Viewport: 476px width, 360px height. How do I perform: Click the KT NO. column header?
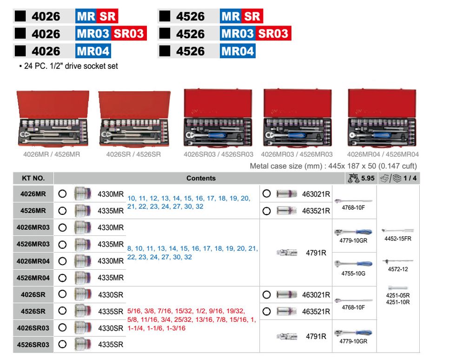[33, 178]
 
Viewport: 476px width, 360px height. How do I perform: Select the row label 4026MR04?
[33, 261]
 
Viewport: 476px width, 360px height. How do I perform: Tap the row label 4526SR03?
[33, 345]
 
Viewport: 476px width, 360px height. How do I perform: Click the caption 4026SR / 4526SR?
[133, 154]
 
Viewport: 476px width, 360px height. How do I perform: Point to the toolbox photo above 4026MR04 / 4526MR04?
[382, 118]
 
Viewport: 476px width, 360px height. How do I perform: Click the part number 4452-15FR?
[398, 239]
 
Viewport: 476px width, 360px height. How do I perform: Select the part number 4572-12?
[398, 269]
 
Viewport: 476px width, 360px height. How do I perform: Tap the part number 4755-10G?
[353, 273]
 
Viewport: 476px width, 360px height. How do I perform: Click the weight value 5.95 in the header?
[368, 178]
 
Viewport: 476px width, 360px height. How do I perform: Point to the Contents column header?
[201, 178]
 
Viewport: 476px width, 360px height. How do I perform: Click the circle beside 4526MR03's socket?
[62, 244]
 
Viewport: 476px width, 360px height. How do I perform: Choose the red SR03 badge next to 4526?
[273, 33]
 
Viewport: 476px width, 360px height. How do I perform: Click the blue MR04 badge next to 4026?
[93, 51]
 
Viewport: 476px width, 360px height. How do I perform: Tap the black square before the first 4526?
[165, 16]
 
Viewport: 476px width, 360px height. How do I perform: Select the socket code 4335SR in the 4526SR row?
[111, 311]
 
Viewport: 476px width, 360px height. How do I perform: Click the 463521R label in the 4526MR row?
[316, 211]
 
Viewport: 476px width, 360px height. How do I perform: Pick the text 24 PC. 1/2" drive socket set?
[71, 66]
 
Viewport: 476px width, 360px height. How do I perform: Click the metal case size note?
[333, 166]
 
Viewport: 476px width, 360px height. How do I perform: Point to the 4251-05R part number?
[398, 295]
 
